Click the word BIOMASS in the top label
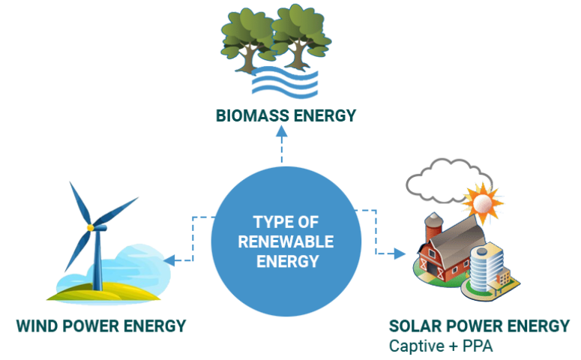[x=253, y=115]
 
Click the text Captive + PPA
[x=441, y=346]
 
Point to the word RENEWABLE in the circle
[x=286, y=241]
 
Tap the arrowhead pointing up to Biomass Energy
[x=282, y=131]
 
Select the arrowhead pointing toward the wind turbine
[x=169, y=260]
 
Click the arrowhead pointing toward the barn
[x=400, y=253]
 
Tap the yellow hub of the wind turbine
[x=90, y=228]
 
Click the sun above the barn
[x=483, y=202]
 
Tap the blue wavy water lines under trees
[x=285, y=82]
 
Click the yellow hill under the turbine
[x=103, y=292]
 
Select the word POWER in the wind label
[x=90, y=326]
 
